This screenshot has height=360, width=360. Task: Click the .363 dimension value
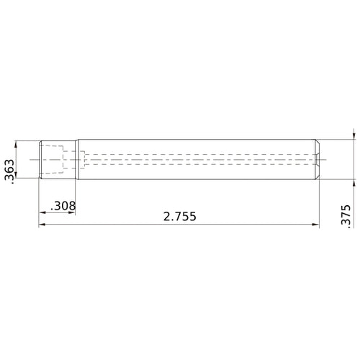tap(9, 171)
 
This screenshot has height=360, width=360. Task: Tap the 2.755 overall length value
tap(179, 216)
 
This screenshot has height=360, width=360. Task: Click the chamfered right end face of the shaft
tap(317, 158)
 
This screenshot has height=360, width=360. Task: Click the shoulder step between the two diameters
tap(76, 158)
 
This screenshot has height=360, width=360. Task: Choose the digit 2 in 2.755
tap(166, 216)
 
